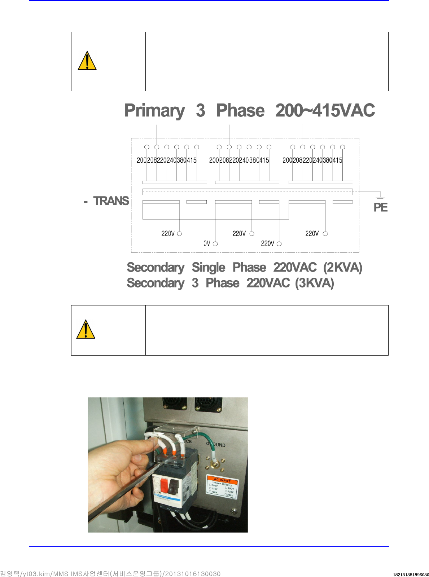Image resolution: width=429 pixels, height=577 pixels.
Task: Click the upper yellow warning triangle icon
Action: tap(87, 61)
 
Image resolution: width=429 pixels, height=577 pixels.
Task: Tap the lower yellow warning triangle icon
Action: tap(86, 329)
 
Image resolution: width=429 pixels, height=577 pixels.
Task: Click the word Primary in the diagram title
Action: tap(154, 110)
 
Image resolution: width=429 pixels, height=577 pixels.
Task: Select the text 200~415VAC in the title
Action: tap(325, 110)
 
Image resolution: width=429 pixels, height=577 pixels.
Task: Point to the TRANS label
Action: tap(111, 201)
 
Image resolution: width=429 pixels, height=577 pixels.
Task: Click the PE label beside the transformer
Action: tap(380, 207)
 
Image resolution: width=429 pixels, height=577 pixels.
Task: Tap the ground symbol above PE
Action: tap(380, 197)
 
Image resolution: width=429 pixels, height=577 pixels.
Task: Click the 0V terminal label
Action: tap(207, 243)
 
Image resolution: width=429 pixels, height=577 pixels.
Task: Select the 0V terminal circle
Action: tap(215, 244)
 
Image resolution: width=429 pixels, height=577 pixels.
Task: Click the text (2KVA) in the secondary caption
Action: tap(342, 268)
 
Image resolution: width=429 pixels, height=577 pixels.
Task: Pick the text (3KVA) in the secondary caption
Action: tap(314, 283)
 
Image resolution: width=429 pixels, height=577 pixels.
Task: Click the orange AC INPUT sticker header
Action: tap(222, 480)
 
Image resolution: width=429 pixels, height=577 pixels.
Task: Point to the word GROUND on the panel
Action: tap(216, 445)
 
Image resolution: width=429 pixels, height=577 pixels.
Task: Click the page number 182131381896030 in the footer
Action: tap(411, 574)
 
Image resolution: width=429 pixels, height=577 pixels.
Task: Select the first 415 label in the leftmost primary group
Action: tap(192, 160)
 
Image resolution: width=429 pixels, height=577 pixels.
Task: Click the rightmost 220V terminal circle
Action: tap(325, 234)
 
